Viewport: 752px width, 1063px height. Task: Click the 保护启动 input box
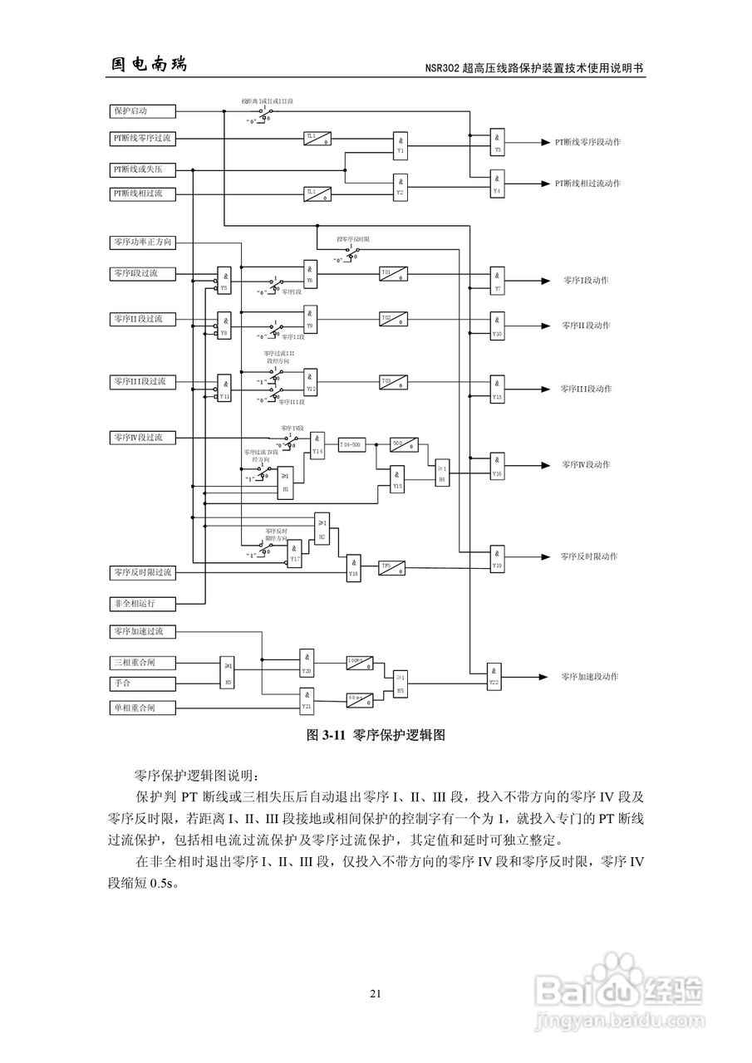pos(142,110)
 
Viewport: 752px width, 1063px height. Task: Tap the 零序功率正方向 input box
pos(142,242)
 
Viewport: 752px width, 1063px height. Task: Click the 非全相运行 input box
pos(142,602)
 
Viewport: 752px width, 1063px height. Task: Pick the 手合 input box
pos(142,684)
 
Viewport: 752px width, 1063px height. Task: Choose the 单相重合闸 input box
pos(142,708)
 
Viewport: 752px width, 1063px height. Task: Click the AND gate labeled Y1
pos(401,145)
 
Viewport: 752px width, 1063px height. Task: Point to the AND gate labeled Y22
pos(494,677)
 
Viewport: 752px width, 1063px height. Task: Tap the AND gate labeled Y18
pos(354,567)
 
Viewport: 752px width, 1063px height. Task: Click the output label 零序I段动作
pos(586,280)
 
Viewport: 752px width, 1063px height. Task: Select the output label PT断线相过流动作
pos(587,183)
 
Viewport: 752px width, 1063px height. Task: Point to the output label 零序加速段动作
pos(589,677)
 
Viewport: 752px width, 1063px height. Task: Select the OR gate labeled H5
pos(401,683)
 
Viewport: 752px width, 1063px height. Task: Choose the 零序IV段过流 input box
pos(142,437)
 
